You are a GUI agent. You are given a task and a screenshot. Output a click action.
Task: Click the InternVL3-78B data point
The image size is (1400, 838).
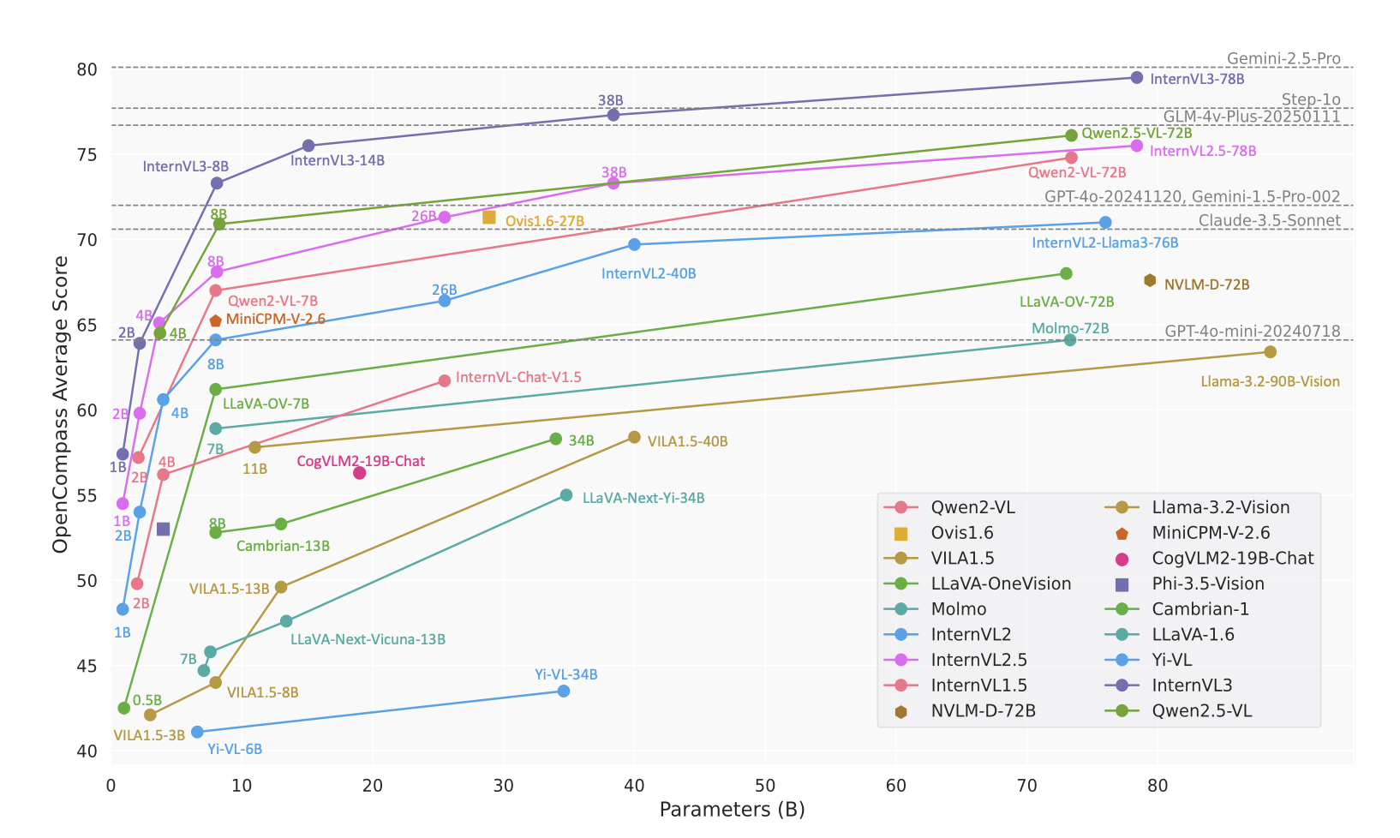coord(1137,78)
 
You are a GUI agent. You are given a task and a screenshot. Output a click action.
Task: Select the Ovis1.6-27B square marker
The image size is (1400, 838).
coord(489,218)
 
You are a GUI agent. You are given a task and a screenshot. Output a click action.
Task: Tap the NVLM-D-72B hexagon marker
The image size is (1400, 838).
coord(1150,281)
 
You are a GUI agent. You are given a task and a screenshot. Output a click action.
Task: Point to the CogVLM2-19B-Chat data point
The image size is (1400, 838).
coord(360,473)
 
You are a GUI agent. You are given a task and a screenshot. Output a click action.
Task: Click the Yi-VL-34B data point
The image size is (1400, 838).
coord(564,691)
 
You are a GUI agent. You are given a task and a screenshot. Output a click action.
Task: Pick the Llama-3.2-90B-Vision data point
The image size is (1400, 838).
coord(1271,352)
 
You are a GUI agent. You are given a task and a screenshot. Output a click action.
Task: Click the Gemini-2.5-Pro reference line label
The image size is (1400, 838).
coord(1283,59)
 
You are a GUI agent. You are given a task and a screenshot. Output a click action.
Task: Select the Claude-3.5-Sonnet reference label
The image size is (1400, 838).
coord(1269,221)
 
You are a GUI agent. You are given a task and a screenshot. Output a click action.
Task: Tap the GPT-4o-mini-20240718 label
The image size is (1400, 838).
coord(1253,332)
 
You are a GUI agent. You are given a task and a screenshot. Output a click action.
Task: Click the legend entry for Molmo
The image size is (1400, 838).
coord(958,609)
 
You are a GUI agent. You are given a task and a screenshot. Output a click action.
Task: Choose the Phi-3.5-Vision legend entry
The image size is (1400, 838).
coord(1207,584)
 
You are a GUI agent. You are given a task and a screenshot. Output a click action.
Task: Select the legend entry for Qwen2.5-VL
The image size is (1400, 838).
coord(1201,711)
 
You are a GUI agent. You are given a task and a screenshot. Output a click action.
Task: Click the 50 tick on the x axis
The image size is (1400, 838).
coord(765,786)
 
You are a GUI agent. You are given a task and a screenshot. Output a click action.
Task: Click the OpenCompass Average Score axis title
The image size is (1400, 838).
coord(61,404)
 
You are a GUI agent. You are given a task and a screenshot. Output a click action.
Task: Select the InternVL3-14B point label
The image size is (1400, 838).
coord(338,161)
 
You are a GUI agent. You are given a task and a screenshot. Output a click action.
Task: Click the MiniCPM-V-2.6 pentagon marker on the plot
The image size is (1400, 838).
coord(216,321)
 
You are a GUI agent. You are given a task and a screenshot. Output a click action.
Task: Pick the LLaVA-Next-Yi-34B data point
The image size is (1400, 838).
coord(566,496)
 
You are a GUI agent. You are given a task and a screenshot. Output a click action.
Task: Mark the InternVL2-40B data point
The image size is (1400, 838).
coord(634,245)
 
